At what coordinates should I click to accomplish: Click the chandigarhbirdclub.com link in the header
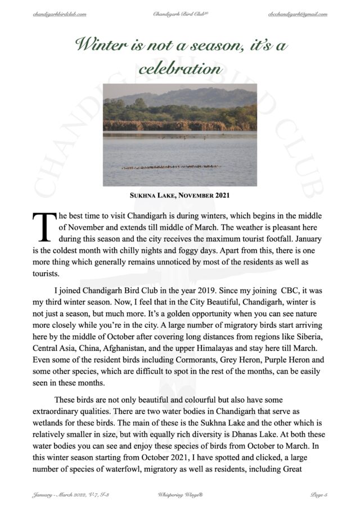(59, 13)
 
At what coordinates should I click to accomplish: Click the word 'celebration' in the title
(179, 69)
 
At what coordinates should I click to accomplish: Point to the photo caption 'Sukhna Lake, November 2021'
(179, 196)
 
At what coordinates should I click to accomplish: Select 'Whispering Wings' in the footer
(179, 494)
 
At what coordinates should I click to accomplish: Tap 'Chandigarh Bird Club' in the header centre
(179, 13)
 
